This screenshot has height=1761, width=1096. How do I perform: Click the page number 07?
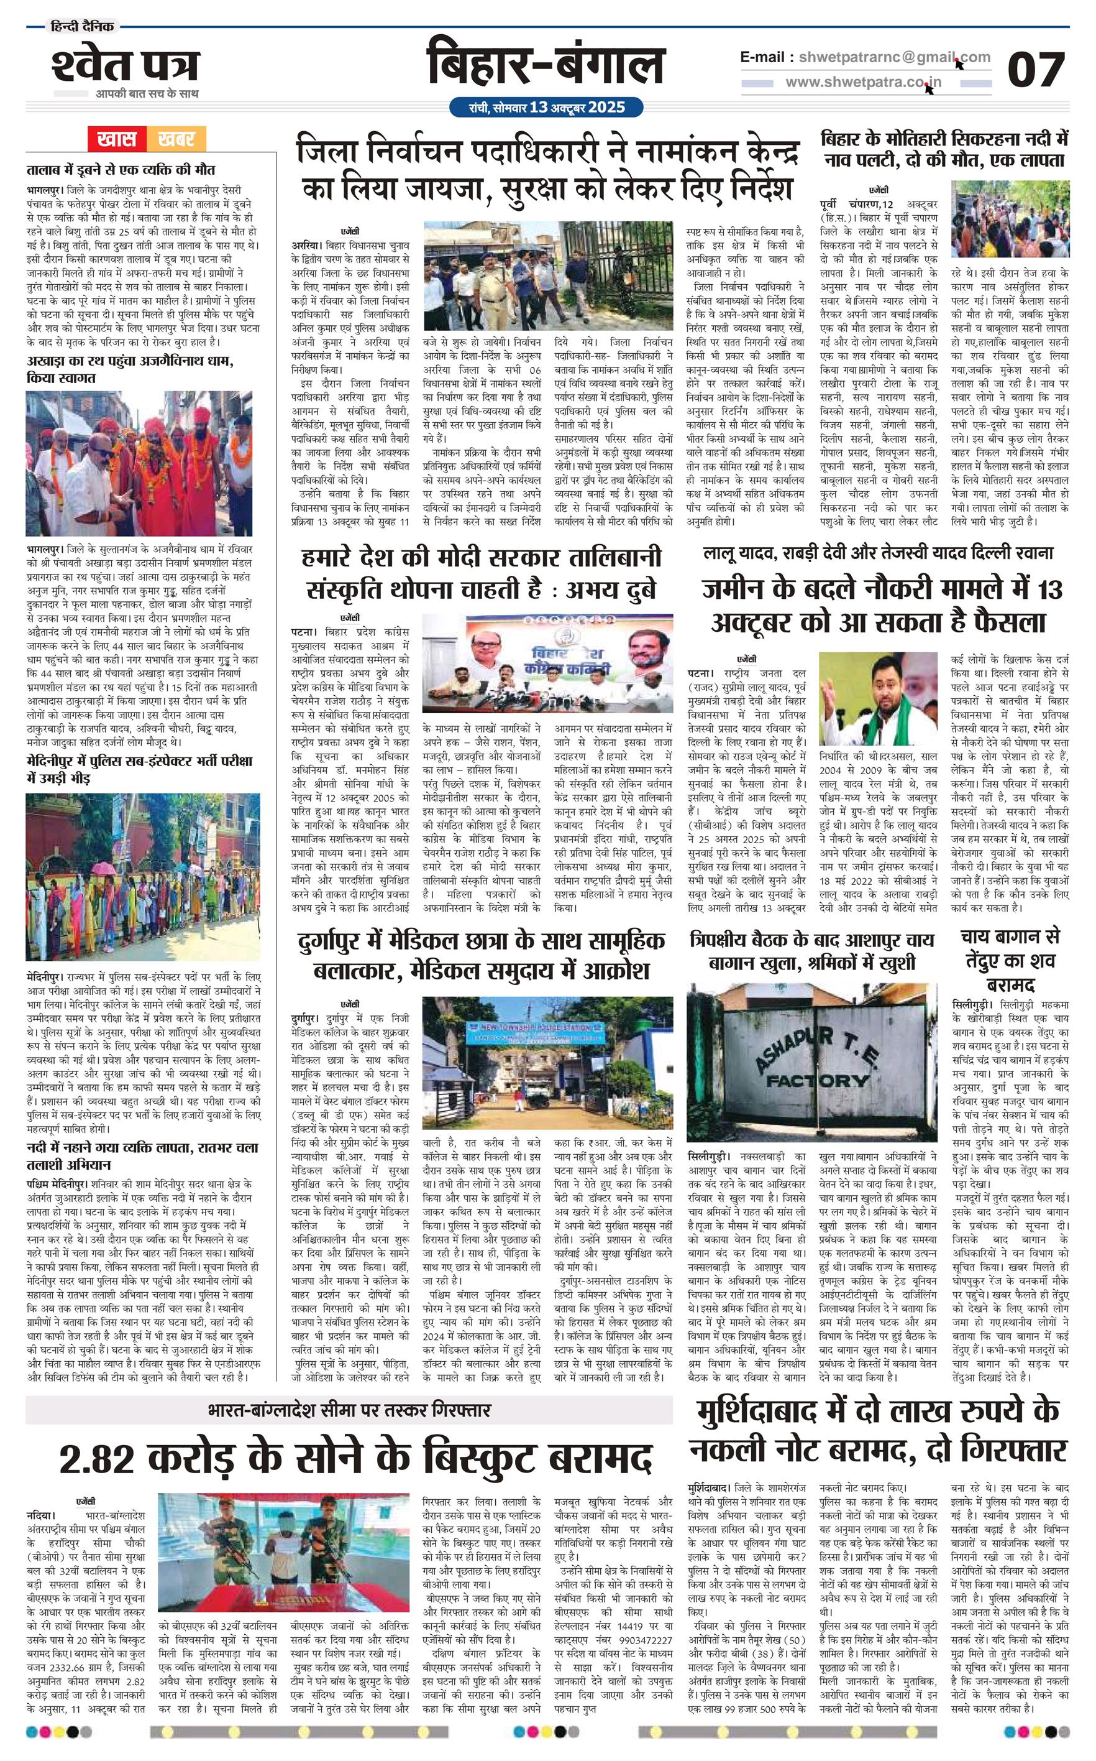tap(1036, 70)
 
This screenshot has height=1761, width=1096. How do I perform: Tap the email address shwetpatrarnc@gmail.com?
tap(890, 57)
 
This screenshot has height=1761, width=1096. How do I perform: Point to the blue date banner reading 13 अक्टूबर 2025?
tap(547, 108)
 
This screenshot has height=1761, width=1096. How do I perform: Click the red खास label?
tap(117, 138)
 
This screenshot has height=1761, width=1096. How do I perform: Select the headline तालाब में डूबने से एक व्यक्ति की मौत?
tap(121, 170)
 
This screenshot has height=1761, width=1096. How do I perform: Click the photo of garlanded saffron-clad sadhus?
tap(143, 463)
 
